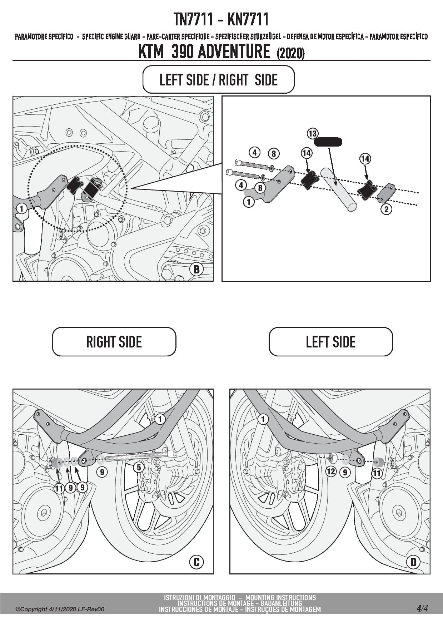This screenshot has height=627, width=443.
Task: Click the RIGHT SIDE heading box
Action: coord(114,342)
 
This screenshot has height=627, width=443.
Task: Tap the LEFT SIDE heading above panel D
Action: coord(330,342)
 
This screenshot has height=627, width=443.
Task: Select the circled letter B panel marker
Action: coord(196,269)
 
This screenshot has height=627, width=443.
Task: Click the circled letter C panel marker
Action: coord(196,562)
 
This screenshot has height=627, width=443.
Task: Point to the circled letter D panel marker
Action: coord(413,562)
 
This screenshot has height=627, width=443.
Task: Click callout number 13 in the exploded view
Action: coord(313,134)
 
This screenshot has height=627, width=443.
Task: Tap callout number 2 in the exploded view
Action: coord(386,209)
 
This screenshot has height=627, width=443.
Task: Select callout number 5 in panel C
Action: coord(139,467)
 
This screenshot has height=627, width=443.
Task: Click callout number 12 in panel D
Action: coord(331,472)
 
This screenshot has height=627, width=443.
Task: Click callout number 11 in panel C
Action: coord(59,488)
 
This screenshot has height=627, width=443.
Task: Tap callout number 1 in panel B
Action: coord(21,208)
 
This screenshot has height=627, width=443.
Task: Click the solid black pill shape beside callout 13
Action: coord(328,142)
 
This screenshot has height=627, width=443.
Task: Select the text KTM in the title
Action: coord(151,51)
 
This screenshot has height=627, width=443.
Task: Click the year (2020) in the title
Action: coord(290,54)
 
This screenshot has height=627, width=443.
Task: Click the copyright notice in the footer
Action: coord(60,609)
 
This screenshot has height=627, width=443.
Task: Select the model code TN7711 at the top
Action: coord(194,19)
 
